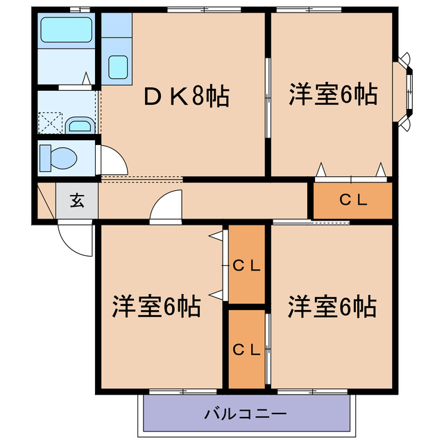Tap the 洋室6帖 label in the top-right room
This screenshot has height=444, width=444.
(x=333, y=94)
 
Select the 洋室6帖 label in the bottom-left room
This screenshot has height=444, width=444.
(x=157, y=305)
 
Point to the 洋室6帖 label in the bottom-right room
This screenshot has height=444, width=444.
(x=333, y=305)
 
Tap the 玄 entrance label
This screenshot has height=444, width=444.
(x=76, y=202)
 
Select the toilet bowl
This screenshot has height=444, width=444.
(x=60, y=157)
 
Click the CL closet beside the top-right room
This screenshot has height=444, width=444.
(x=352, y=200)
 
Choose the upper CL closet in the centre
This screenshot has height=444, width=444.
(x=246, y=264)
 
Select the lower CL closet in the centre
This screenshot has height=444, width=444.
(x=246, y=350)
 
